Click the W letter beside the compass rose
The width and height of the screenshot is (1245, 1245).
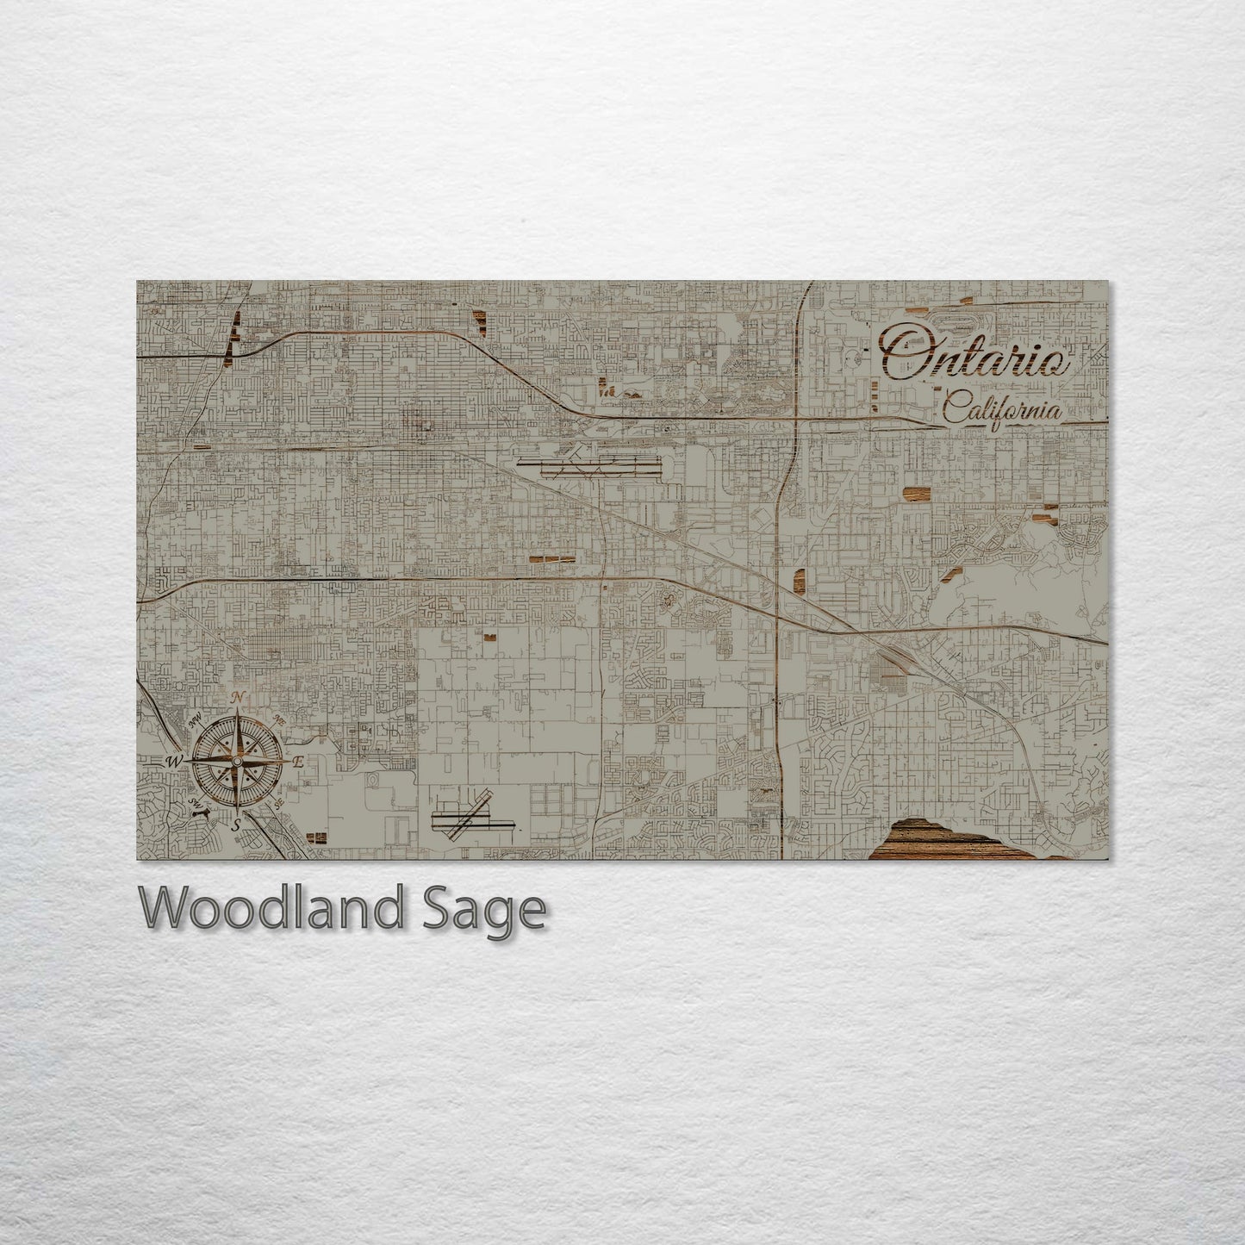174,761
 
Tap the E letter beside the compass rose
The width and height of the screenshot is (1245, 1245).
298,762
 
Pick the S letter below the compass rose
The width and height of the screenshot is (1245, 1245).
237,825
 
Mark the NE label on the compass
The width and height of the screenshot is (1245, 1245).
279,719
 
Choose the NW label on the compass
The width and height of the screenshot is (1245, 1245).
196,719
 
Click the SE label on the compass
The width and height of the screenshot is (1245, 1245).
278,803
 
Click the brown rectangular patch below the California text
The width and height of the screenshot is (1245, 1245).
917,493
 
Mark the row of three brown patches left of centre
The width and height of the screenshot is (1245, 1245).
552,559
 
